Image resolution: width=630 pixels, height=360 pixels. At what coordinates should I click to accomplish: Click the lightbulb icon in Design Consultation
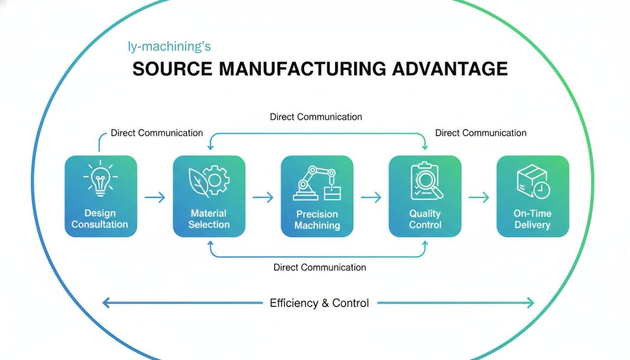(x=100, y=178)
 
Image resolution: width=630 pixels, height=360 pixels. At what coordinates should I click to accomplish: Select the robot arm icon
(x=317, y=183)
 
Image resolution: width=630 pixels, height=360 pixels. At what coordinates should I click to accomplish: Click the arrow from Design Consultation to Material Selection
(x=155, y=197)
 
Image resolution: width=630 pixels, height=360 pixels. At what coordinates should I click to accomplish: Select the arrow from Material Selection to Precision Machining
(x=263, y=197)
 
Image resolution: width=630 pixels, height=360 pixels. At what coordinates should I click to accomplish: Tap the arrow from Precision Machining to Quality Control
(x=371, y=197)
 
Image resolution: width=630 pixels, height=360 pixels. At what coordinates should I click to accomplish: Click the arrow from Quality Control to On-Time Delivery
(x=479, y=197)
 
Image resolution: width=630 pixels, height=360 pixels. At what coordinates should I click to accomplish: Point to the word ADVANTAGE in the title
(x=449, y=69)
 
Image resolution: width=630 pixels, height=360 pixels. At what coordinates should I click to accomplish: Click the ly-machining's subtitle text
(x=169, y=47)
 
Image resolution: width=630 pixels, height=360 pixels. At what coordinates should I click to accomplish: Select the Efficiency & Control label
(x=319, y=303)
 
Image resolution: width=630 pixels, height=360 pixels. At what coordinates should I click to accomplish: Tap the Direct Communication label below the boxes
(x=319, y=267)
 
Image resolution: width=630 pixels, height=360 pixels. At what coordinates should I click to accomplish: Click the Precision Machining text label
(x=317, y=220)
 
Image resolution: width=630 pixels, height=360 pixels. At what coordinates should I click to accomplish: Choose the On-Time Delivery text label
(x=533, y=219)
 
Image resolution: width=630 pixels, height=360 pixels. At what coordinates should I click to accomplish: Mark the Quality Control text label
(x=425, y=219)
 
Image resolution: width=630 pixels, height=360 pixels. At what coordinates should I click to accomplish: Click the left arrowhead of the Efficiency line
(x=105, y=303)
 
